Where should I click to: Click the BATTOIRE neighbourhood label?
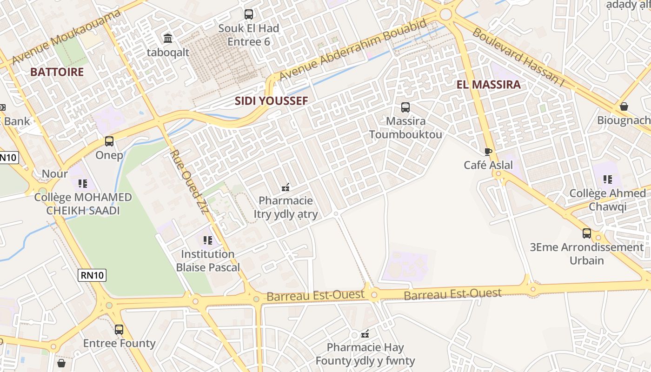tap(57, 72)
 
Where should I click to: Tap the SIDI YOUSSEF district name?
tap(271, 101)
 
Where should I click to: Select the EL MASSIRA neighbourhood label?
tap(488, 85)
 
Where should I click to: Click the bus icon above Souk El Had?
tap(249, 14)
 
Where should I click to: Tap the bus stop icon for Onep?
tap(109, 141)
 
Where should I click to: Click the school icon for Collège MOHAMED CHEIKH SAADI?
tap(83, 184)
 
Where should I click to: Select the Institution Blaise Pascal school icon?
tap(207, 240)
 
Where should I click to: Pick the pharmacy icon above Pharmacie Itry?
tap(286, 187)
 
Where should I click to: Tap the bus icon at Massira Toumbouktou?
tap(405, 107)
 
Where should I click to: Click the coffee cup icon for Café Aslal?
tap(488, 152)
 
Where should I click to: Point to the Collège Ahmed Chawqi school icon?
tap(607, 179)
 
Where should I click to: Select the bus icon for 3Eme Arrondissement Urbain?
tap(587, 233)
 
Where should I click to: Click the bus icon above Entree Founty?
tap(119, 330)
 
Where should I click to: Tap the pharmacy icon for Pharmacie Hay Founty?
tap(365, 333)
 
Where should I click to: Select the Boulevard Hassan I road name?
tap(518, 57)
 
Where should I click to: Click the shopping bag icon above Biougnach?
tap(624, 106)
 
